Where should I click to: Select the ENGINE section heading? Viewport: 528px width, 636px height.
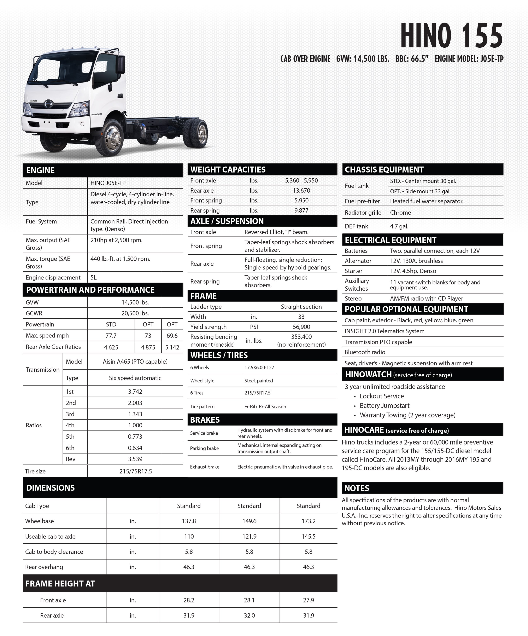[41, 170]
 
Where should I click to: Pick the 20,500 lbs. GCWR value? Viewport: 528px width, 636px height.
[135, 313]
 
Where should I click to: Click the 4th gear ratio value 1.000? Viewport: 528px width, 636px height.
[135, 425]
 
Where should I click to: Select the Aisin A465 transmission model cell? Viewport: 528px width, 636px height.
[135, 361]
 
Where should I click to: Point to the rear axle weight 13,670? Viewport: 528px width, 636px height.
[301, 191]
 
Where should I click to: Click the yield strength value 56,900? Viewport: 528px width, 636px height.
[301, 327]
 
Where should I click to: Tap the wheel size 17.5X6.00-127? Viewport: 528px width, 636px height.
[259, 367]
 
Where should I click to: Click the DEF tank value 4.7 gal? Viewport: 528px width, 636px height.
[399, 226]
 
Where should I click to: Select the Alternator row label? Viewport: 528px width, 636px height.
[358, 261]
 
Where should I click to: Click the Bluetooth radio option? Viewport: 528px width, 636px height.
[365, 352]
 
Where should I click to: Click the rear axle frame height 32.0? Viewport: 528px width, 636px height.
[249, 615]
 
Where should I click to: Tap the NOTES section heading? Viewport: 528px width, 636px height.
[357, 488]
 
